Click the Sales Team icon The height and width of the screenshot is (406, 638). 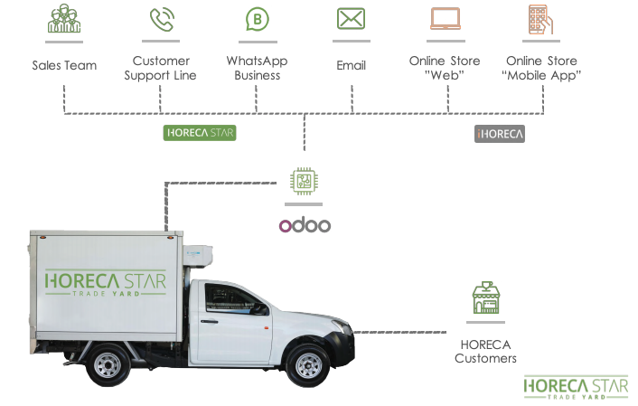64,20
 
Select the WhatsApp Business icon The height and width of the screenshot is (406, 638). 258,20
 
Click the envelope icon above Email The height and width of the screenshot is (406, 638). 351,19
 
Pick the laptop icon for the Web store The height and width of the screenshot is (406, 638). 445,19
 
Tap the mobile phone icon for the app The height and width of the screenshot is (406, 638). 540,19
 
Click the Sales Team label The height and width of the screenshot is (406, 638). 64,65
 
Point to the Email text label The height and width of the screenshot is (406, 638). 351,65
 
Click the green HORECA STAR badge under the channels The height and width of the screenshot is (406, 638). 200,133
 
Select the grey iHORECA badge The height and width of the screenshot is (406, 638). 500,134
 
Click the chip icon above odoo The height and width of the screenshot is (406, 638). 305,180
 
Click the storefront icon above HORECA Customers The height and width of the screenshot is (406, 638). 486,299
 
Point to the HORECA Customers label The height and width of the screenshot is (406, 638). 486,352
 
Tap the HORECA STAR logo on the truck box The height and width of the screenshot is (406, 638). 106,281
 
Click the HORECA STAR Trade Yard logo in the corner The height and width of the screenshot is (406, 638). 576,386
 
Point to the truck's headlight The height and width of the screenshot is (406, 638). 346,318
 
